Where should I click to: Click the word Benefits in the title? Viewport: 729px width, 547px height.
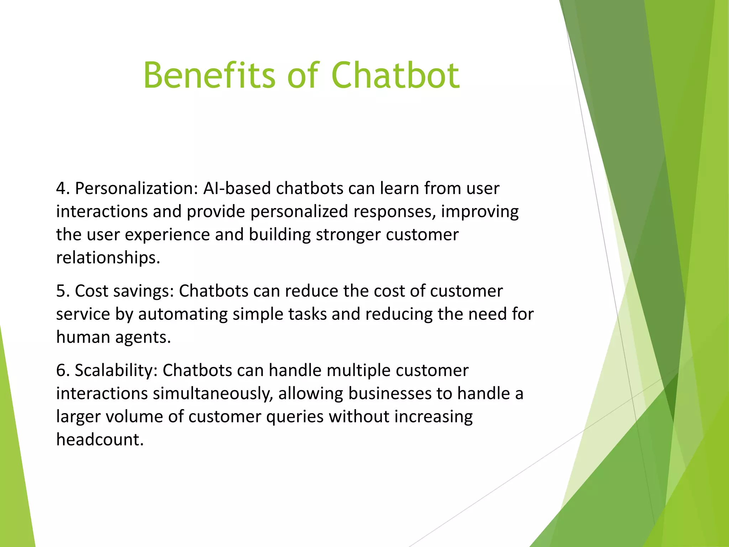click(209, 75)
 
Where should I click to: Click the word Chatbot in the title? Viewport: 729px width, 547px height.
click(395, 75)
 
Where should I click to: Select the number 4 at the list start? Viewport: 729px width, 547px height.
click(61, 188)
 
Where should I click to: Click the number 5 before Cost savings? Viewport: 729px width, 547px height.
click(61, 291)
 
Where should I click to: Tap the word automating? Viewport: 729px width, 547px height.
click(183, 314)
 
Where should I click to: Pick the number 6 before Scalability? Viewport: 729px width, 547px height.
click(61, 370)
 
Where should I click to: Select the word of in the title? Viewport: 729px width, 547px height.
click(303, 75)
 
